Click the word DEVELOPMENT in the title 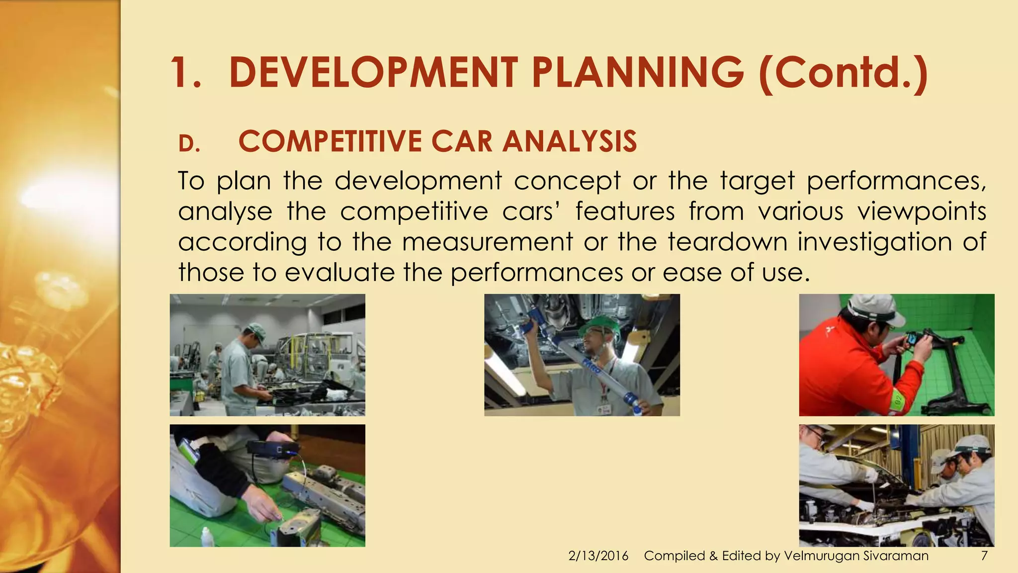click(373, 73)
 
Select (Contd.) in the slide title click(843, 73)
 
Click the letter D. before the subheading click(189, 144)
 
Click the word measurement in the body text click(487, 242)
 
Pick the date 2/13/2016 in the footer click(598, 556)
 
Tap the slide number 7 click(984, 556)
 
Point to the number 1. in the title click(185, 73)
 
